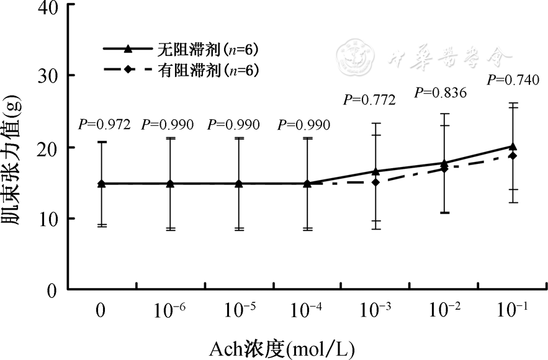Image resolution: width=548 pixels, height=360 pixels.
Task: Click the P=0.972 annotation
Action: [104, 125]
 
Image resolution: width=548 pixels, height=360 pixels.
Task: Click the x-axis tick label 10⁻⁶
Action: [169, 310]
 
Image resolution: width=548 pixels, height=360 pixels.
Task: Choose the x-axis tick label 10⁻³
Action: [375, 310]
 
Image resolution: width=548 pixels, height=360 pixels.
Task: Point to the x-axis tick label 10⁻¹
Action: [512, 310]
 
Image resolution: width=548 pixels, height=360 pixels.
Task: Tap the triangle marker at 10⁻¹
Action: [513, 146]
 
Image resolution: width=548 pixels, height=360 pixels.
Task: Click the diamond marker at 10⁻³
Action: [375, 182]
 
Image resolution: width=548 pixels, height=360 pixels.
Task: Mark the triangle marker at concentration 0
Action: [101, 184]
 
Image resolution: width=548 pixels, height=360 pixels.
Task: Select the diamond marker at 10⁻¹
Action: [513, 156]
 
